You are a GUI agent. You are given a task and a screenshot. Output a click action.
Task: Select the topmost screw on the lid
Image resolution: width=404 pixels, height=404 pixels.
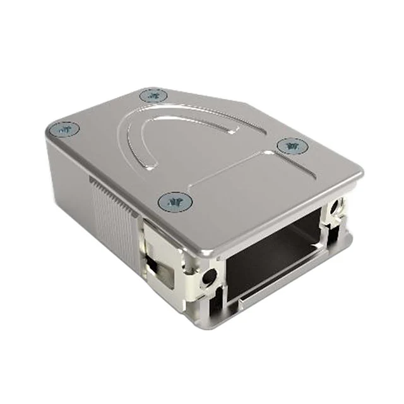(x=152, y=96)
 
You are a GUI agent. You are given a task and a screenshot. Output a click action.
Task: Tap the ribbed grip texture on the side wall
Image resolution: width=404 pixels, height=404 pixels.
(x=114, y=208)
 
